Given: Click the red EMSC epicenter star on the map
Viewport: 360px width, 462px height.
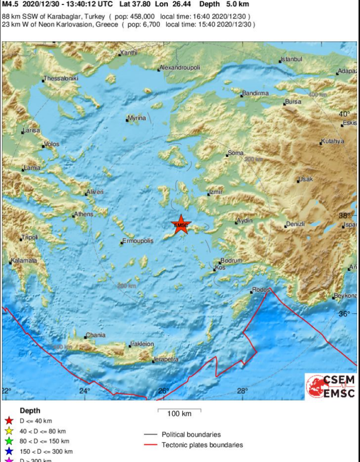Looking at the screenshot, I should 180,225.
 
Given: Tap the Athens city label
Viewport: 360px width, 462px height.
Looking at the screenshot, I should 84,214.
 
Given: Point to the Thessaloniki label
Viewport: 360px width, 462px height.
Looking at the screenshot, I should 61,78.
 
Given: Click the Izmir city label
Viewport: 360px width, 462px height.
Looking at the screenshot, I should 216,192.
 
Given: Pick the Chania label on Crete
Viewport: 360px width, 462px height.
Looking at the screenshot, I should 95,335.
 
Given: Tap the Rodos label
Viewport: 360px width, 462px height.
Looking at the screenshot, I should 261,290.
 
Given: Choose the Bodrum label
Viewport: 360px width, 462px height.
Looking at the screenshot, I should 231,261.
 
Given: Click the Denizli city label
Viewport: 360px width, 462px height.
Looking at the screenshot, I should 295,224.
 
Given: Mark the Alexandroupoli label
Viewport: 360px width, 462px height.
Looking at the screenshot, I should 180,68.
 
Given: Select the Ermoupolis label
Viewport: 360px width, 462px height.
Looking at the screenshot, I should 138,241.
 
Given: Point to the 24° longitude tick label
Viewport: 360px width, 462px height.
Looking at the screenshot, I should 85,391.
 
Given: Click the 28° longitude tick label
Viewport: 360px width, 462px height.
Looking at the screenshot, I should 243,391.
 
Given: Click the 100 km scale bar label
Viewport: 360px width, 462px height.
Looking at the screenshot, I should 179,414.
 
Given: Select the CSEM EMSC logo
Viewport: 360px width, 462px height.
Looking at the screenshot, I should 330,386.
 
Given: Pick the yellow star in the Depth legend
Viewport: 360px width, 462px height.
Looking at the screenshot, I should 9,431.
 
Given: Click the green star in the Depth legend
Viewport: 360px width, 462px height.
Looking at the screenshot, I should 9,441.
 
